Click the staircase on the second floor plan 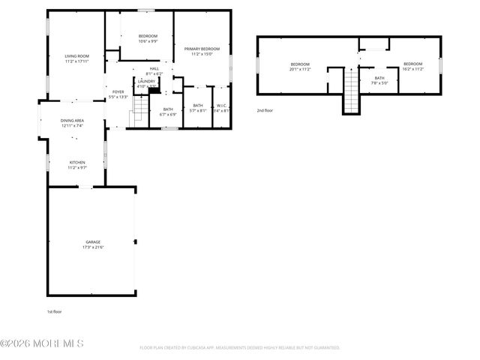(351, 90)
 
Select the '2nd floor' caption (265, 109)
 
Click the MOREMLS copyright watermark (42, 344)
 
